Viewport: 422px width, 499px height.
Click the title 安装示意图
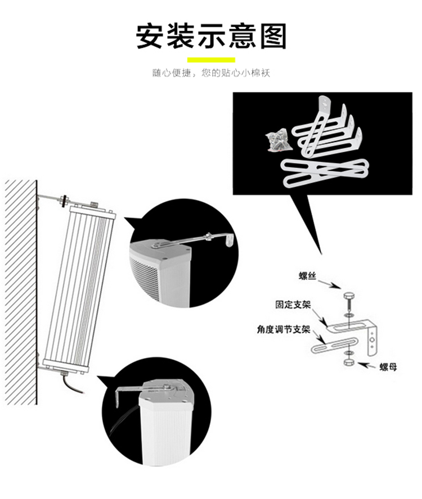[x=212, y=35]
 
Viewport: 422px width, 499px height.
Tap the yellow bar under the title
[x=211, y=60]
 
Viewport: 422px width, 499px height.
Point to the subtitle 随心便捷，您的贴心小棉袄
[x=211, y=74]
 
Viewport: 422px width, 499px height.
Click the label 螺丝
[x=307, y=275]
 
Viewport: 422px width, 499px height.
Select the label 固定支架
[x=293, y=305]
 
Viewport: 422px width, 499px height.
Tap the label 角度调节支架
[x=284, y=329]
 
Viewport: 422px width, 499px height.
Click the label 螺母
[x=388, y=367]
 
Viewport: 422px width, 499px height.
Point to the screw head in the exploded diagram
[x=348, y=296]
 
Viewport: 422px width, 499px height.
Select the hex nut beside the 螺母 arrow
[x=349, y=363]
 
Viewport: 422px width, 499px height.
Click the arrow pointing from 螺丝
[x=330, y=283]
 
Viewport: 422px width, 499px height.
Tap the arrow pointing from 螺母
[x=367, y=365]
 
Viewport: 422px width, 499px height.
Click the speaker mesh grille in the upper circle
[x=145, y=278]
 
